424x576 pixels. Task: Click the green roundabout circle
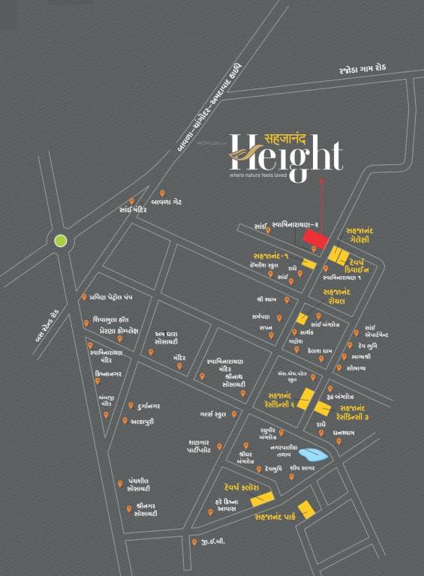[60, 241]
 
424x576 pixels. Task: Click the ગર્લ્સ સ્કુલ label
[209, 414]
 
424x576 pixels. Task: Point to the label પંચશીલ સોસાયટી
[137, 486]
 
